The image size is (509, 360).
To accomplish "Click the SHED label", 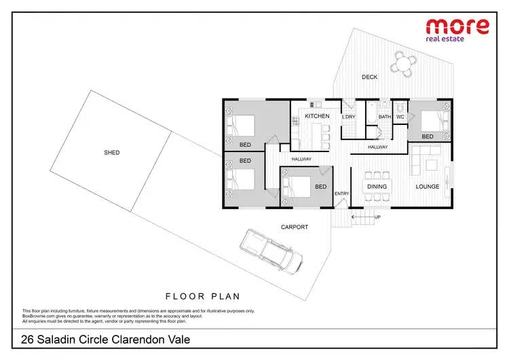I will pyautogui.click(x=112, y=153).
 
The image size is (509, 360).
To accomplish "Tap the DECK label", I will pyautogui.click(x=369, y=77).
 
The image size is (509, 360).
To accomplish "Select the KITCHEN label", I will pyautogui.click(x=317, y=117).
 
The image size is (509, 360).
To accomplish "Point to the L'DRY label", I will pyautogui.click(x=349, y=117).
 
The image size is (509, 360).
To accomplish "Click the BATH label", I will pyautogui.click(x=385, y=117).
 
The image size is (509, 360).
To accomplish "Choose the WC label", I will pyautogui.click(x=400, y=117).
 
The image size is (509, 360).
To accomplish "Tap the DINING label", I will pyautogui.click(x=377, y=187).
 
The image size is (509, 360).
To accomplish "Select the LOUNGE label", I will pyautogui.click(x=428, y=187).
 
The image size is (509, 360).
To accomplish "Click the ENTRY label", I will pyautogui.click(x=342, y=194).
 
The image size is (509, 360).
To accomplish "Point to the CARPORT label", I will pyautogui.click(x=295, y=227).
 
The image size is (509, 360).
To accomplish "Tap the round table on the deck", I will pyautogui.click(x=404, y=65).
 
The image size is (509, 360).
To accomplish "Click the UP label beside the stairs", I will pyautogui.click(x=378, y=217).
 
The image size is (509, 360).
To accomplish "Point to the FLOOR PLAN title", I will pyautogui.click(x=203, y=296).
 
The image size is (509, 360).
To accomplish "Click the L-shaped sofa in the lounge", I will pyautogui.click(x=426, y=160).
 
